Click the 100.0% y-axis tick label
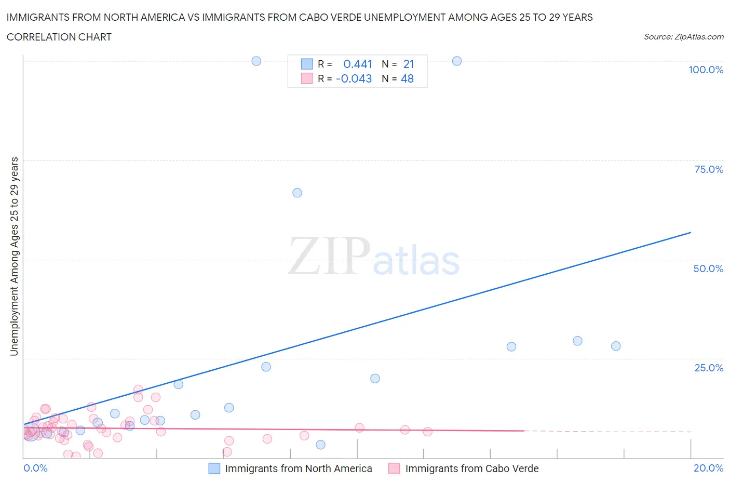[706, 70]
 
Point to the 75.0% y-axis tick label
[709, 169]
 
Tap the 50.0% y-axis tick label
[708, 269]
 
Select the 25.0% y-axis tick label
[709, 368]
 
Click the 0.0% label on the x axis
[35, 468]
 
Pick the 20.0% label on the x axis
[708, 468]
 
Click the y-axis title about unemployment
[14, 257]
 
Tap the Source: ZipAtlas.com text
[683, 37]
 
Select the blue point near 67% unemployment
[297, 193]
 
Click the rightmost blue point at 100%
[457, 61]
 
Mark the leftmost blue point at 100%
[256, 61]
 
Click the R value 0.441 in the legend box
[358, 64]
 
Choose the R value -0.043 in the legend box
[354, 78]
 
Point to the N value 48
[407, 78]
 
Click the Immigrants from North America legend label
[299, 468]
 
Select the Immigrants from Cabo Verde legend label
[472, 468]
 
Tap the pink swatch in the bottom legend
[394, 468]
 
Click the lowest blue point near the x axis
[321, 445]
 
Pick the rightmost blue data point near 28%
[616, 346]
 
